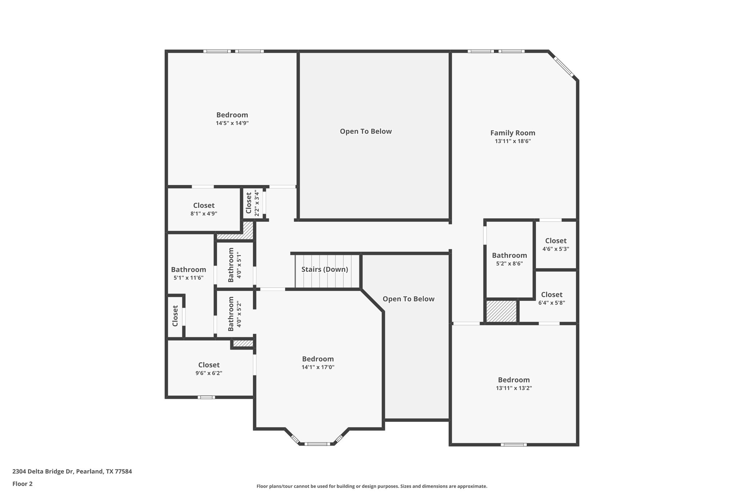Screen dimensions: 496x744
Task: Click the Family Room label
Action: click(x=513, y=133)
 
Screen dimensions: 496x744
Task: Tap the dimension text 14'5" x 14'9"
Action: click(x=232, y=123)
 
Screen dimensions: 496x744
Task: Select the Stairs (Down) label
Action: click(x=324, y=270)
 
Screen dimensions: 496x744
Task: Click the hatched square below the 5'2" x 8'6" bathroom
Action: click(x=501, y=311)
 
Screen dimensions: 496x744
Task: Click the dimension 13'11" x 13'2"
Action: click(x=514, y=388)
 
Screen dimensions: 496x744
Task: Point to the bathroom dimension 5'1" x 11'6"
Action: click(x=188, y=278)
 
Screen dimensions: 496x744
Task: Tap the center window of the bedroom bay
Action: click(x=317, y=444)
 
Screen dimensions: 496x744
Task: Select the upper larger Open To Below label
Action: click(x=366, y=132)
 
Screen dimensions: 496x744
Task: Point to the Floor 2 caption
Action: click(x=23, y=484)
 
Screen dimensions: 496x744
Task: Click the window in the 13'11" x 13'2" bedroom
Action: click(x=513, y=445)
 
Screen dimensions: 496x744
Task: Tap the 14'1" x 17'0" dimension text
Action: click(x=318, y=367)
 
